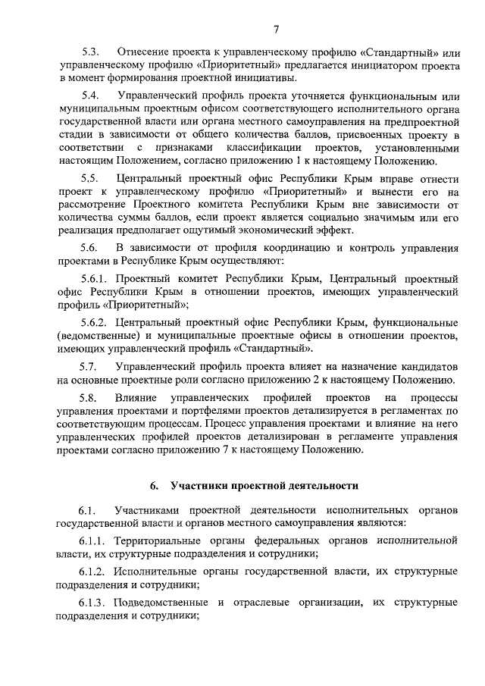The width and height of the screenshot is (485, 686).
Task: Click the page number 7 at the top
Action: point(277,30)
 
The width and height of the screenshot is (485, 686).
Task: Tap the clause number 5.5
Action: point(91,178)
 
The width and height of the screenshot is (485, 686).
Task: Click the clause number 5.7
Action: point(91,366)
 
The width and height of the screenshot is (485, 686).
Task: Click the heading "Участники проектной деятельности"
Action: point(264,484)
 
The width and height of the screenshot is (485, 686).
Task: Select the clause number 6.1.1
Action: point(95,541)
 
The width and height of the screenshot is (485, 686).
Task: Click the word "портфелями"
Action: point(199,410)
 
